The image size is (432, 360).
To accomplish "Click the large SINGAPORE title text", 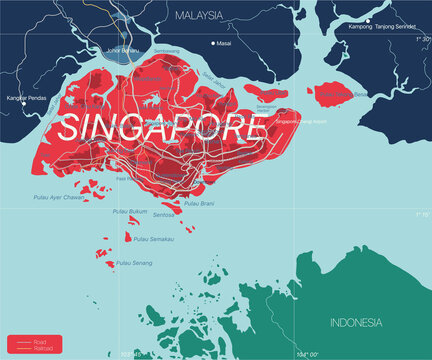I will pos(166,126).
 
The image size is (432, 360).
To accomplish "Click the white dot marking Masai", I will pos(213,43).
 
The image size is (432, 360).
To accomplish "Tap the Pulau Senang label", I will pos(133,262).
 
